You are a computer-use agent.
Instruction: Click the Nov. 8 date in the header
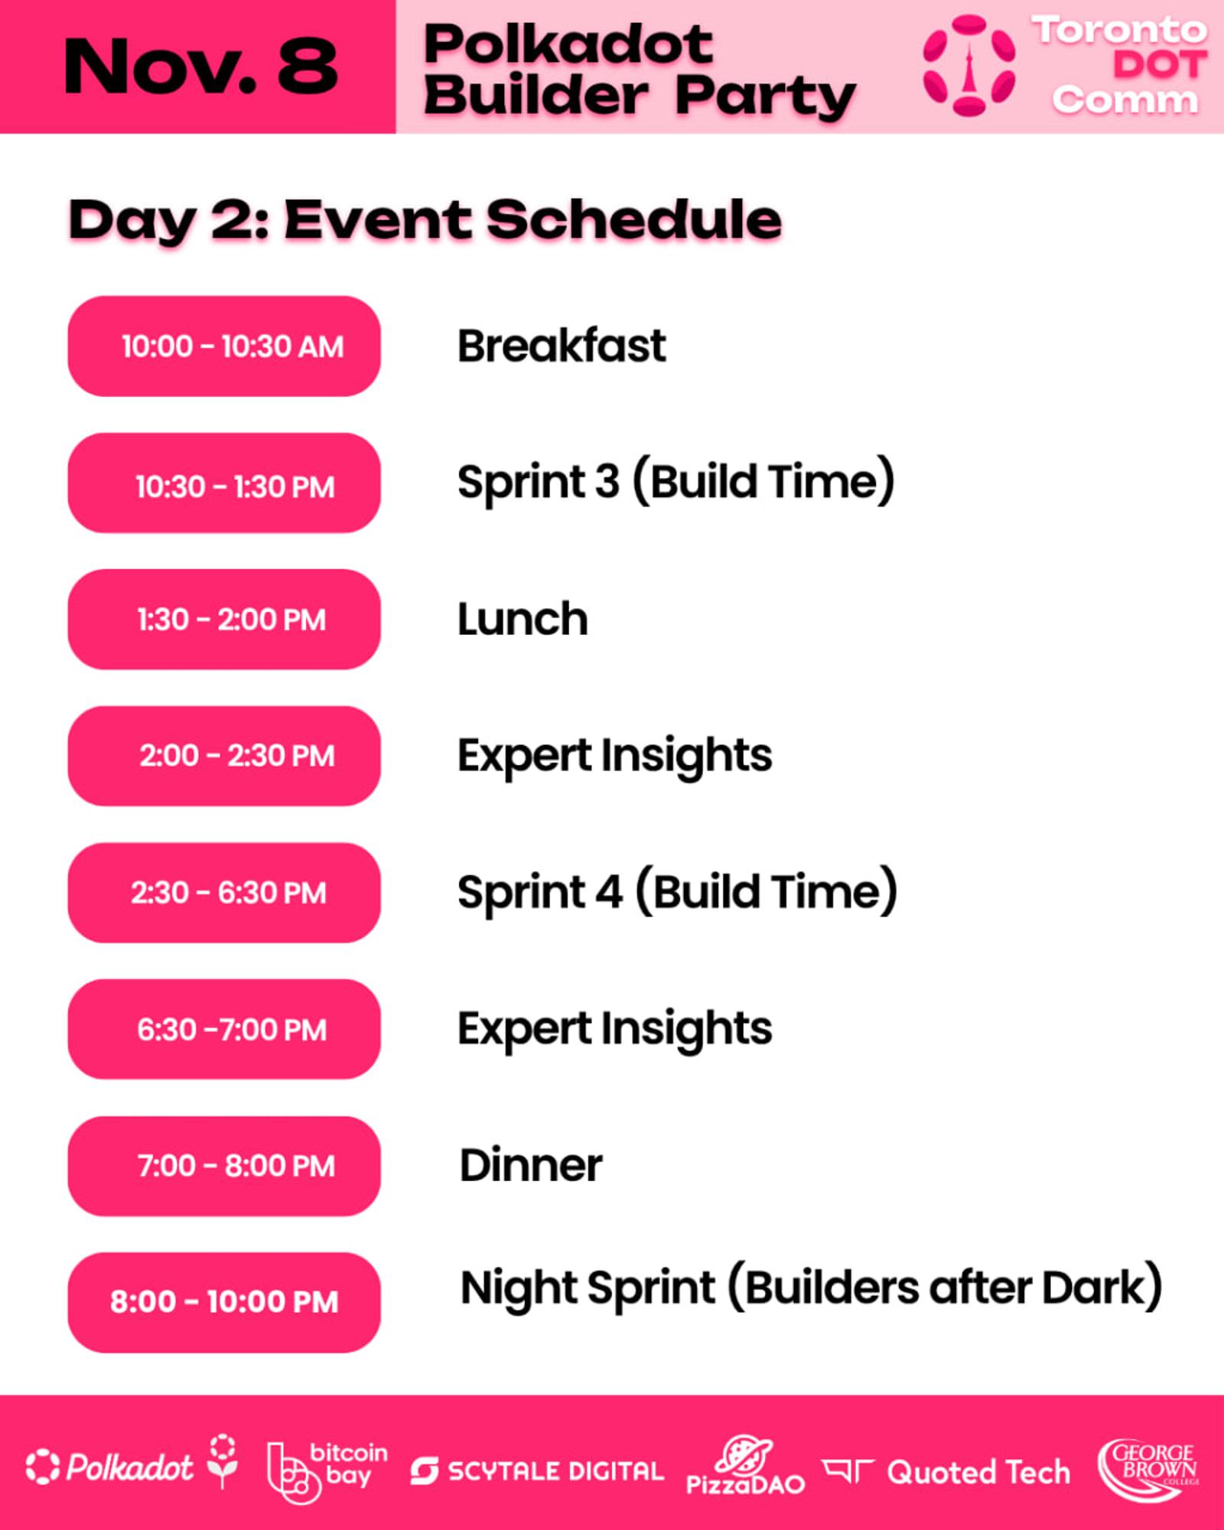click(200, 67)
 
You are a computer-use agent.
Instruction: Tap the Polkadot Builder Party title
click(640, 70)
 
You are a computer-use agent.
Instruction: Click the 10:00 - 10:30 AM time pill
click(224, 346)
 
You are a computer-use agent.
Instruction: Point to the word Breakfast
click(562, 346)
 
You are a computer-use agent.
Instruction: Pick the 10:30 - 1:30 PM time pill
click(224, 483)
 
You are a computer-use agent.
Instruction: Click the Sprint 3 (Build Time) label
click(676, 482)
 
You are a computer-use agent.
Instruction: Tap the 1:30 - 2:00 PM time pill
click(224, 619)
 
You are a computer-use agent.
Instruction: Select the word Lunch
click(523, 619)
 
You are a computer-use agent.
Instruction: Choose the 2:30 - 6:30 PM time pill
click(224, 893)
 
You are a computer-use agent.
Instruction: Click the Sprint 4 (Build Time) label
click(678, 892)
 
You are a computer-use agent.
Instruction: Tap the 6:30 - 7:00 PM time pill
click(224, 1029)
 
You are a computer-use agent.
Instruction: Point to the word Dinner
click(531, 1166)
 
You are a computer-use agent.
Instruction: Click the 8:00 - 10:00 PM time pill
click(224, 1303)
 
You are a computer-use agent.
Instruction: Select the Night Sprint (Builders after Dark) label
click(811, 1288)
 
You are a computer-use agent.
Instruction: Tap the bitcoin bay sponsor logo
click(327, 1470)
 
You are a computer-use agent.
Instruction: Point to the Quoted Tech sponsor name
click(978, 1472)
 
